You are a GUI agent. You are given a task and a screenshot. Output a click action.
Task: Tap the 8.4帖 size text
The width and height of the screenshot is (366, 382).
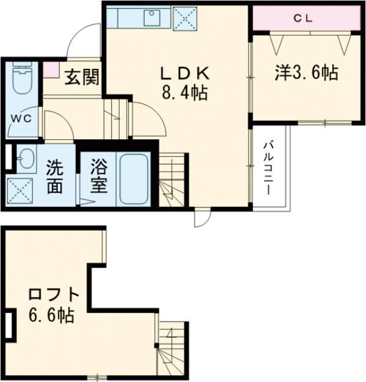(x=184, y=93)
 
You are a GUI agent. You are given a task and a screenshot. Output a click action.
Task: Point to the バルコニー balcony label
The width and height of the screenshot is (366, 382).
(x=269, y=169)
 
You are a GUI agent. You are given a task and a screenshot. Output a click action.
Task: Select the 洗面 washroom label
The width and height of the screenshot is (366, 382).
(x=55, y=177)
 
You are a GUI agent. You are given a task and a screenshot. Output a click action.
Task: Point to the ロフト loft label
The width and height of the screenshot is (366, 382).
(x=54, y=295)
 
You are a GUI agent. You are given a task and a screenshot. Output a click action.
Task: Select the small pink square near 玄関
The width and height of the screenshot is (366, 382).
(x=49, y=69)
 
